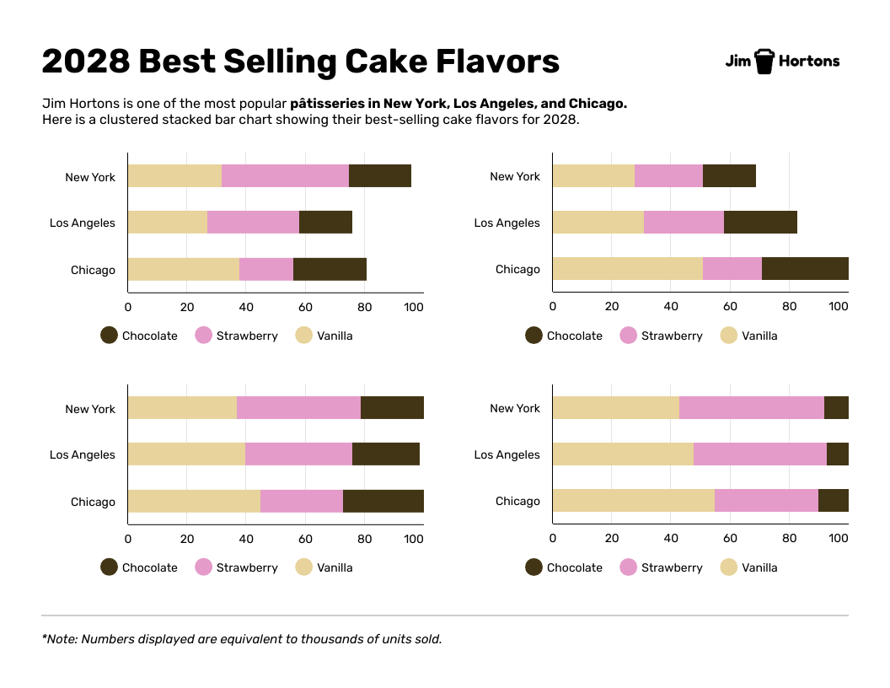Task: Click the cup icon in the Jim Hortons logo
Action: pos(764,61)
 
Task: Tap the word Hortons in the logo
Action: pos(809,61)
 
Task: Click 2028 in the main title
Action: pos(85,62)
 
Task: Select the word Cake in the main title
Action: pos(384,62)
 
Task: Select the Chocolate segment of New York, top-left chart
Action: pos(380,176)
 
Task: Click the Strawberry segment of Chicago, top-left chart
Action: pos(266,269)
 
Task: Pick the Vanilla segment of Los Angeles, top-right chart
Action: pos(598,223)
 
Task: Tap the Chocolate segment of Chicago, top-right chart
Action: pos(805,269)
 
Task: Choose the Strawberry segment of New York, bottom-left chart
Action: pos(298,408)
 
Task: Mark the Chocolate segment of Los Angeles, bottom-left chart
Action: pos(386,454)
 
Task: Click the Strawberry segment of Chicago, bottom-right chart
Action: pos(766,501)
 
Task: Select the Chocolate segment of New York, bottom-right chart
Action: pos(836,408)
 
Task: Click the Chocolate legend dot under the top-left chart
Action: pos(109,336)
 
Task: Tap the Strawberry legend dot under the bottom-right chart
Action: pos(628,567)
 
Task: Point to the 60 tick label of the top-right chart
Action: pos(730,308)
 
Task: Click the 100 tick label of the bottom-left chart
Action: pos(414,540)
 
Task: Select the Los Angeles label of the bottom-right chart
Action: pos(507,454)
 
